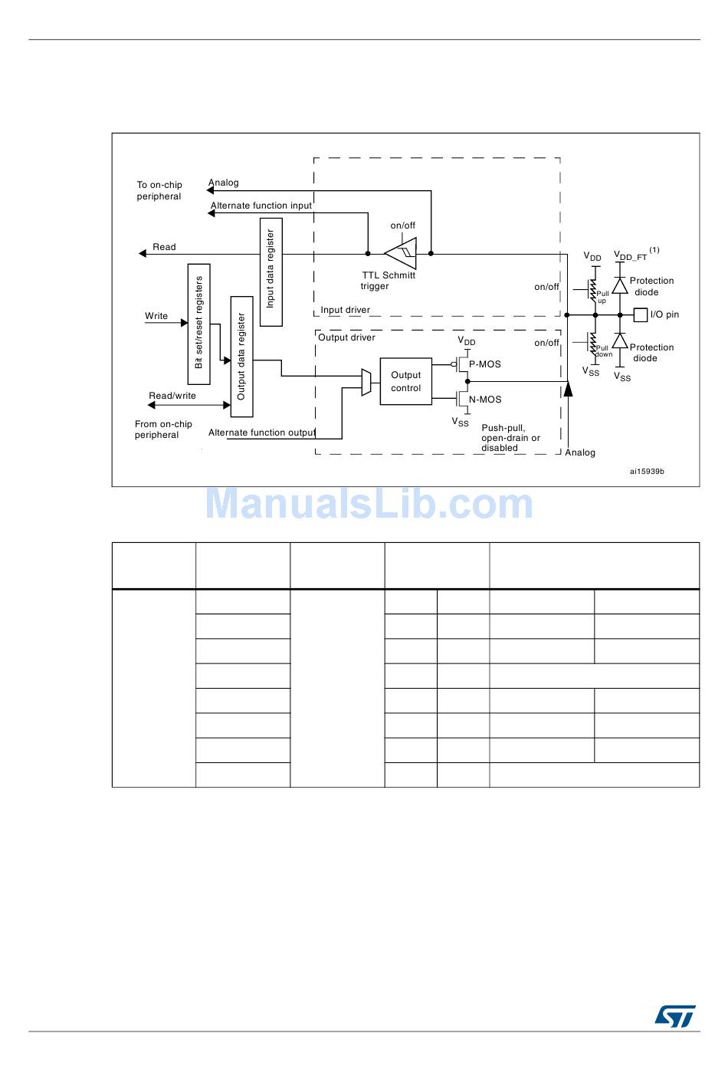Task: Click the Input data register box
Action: [x=271, y=272]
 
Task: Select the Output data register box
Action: [x=241, y=357]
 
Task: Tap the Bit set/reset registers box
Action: [x=198, y=324]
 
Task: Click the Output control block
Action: [x=405, y=381]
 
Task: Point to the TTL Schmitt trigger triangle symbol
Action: [x=402, y=253]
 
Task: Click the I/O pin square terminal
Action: [x=641, y=314]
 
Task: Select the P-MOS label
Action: [x=485, y=364]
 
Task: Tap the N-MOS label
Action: [x=485, y=400]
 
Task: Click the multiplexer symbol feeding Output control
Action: [x=366, y=382]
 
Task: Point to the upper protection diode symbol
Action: [x=620, y=287]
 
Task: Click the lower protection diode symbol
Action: [x=620, y=341]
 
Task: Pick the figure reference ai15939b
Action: [x=647, y=472]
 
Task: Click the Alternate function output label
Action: [x=262, y=433]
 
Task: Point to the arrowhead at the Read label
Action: [x=143, y=253]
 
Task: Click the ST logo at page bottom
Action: [x=674, y=1016]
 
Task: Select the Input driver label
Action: [x=345, y=310]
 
